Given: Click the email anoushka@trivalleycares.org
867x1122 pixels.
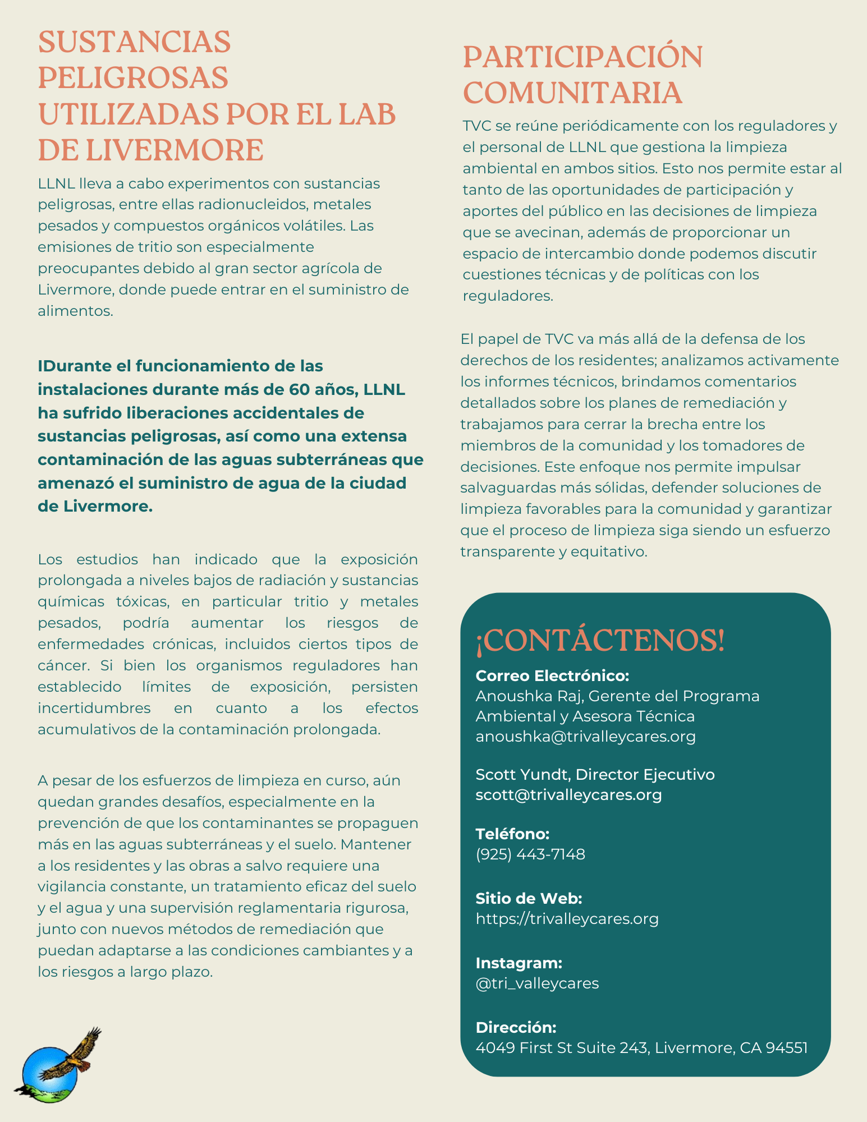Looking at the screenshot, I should coord(585,737).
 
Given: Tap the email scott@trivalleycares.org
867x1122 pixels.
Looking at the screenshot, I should coord(568,795).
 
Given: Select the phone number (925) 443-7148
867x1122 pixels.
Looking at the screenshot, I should coord(530,854).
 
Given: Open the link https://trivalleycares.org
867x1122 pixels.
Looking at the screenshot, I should coord(567,919).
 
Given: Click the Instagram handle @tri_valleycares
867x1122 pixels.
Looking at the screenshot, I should coord(537,983).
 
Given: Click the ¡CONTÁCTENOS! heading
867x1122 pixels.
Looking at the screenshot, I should coord(600,641).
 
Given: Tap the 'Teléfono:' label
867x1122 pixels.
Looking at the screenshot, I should coord(512,834).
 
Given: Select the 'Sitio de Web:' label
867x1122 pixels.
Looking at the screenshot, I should coord(529,899).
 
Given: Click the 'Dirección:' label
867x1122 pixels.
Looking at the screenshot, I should coord(516,1027).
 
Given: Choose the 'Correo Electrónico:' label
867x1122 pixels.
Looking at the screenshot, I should coord(552,675).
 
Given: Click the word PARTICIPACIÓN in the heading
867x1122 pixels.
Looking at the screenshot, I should coord(582,57).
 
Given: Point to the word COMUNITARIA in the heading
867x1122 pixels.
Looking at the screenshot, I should coord(572,93).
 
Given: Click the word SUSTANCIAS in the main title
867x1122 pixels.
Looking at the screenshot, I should coord(134,42).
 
